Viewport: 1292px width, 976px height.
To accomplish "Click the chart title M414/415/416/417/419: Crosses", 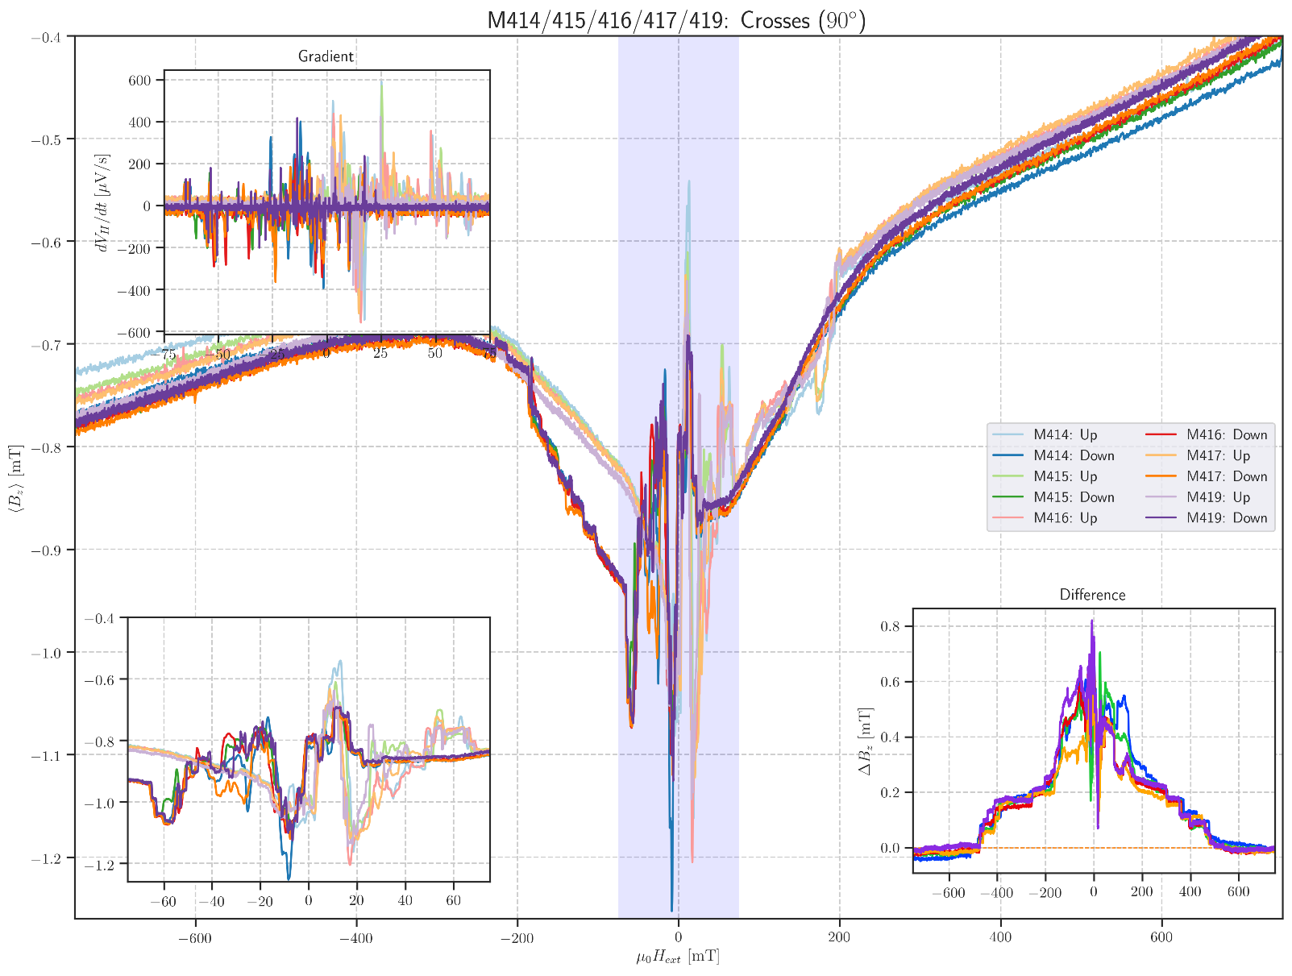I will point(677,19).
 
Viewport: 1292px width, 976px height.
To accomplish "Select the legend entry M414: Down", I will point(1074,455).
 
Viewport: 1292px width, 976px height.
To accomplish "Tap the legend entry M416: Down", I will point(1227,434).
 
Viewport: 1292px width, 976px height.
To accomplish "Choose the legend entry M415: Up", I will point(1066,476).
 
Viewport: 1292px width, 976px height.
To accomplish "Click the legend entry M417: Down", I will point(1227,476).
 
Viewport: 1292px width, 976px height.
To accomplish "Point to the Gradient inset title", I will point(326,56).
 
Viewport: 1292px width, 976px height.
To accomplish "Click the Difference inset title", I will point(1092,595).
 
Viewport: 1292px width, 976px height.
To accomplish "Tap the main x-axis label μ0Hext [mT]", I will point(677,958).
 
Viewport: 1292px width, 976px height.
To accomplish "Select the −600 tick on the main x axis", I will point(195,937).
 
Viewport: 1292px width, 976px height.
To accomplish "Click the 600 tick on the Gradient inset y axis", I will point(139,81).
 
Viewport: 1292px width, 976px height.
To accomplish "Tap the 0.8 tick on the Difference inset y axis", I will point(891,626).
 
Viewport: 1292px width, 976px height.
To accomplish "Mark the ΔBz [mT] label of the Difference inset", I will point(866,740).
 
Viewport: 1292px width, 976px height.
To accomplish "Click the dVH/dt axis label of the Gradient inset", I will point(102,202).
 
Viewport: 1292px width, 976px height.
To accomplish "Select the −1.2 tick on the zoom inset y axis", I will point(100,864).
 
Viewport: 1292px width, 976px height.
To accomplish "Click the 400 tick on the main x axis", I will point(1000,937).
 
